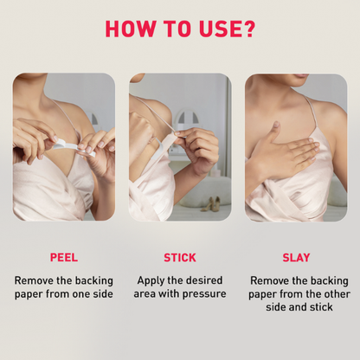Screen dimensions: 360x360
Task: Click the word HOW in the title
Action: tap(131, 28)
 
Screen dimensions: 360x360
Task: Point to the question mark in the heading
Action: tap(250, 28)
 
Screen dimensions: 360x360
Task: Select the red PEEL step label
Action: tap(64, 257)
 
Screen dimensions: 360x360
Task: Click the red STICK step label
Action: tap(180, 257)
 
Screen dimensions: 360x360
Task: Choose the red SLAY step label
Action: tap(296, 257)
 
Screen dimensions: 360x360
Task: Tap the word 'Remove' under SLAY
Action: tap(270, 280)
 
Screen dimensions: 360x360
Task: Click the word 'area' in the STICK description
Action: tap(148, 293)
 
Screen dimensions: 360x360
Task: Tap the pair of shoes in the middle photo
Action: tap(210, 204)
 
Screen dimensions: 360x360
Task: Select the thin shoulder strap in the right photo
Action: tap(309, 112)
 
